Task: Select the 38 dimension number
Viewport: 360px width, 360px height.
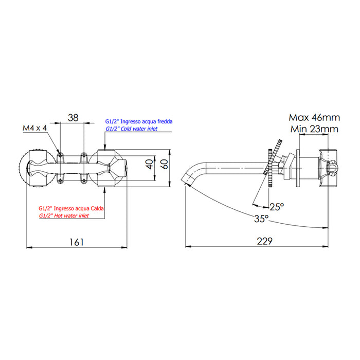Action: [x=73, y=118]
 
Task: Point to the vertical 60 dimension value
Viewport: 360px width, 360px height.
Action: [x=164, y=165]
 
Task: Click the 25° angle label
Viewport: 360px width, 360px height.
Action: [x=277, y=207]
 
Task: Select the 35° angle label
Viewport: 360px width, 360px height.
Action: [x=261, y=219]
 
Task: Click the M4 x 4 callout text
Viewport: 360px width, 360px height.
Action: [x=34, y=128]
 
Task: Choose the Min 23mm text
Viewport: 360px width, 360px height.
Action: [x=313, y=129]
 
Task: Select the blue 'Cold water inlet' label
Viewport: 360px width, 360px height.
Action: [x=136, y=129]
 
